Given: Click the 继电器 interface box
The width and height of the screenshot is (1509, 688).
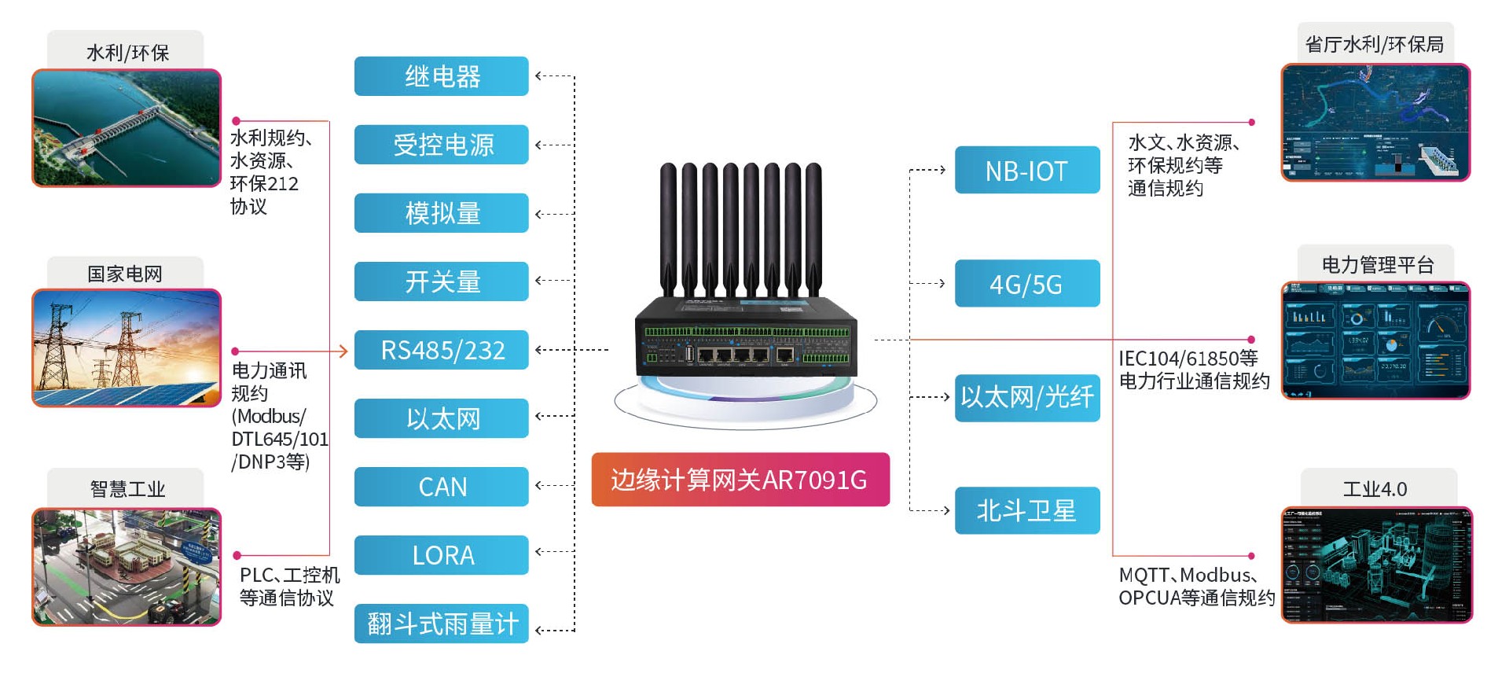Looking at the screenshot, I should click(x=441, y=76).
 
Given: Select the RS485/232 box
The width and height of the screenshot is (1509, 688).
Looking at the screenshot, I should click(x=441, y=350).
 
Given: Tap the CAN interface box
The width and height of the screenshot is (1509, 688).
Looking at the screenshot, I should click(x=441, y=487).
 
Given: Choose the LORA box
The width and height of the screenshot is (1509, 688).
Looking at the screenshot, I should click(x=441, y=555).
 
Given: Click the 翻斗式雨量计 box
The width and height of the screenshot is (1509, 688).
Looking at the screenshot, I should click(x=441, y=624).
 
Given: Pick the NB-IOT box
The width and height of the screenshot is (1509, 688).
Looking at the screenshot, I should click(x=1026, y=170).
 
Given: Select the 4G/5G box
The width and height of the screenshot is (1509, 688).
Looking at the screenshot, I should click(x=1026, y=283).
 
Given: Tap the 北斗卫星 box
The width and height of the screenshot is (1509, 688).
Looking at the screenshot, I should click(x=1026, y=511).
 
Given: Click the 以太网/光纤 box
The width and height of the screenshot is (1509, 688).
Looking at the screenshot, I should click(x=1026, y=397).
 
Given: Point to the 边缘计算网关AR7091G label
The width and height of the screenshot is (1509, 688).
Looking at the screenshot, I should click(x=740, y=480).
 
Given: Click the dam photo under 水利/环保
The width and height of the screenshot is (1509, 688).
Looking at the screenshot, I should click(x=127, y=128).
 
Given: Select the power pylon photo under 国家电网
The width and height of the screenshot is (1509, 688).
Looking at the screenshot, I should click(x=127, y=348).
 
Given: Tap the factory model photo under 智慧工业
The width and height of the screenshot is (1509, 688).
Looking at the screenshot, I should click(x=127, y=567).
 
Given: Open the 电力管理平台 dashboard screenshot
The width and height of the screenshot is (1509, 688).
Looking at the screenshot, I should click(x=1375, y=340).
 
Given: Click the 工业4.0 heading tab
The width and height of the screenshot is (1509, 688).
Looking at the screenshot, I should click(x=1375, y=488).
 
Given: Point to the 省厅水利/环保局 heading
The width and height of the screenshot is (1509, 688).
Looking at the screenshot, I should click(x=1375, y=44).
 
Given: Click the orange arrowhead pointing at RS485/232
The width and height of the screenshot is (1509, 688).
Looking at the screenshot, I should click(x=343, y=351).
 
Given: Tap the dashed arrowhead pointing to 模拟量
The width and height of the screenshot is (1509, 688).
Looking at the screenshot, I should click(x=539, y=214).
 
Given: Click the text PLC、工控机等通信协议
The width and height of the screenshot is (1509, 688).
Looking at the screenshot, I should click(x=288, y=587).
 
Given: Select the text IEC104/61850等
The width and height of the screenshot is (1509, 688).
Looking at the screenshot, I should click(x=1188, y=359).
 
